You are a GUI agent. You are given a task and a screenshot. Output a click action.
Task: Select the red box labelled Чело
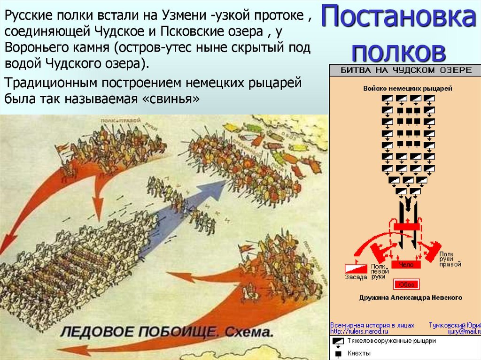point(406,265)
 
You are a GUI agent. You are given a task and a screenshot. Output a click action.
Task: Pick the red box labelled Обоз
point(406,284)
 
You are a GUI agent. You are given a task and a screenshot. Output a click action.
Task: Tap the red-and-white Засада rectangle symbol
point(356,268)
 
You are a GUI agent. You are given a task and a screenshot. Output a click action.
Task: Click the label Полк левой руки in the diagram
point(380,271)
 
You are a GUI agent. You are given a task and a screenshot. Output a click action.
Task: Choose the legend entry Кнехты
point(359,353)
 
